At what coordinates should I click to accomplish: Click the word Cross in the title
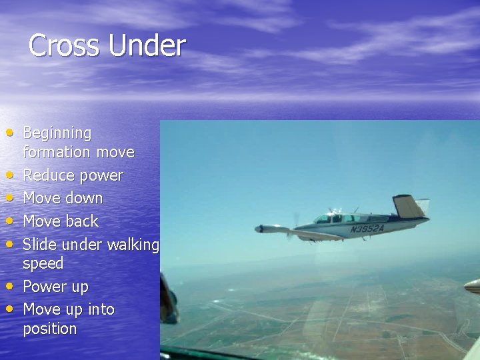(x=65, y=46)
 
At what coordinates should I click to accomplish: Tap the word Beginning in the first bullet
(x=57, y=133)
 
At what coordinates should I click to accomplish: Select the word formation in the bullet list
(x=57, y=152)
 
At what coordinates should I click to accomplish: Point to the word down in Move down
(x=85, y=198)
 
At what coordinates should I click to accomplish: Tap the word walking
(x=133, y=245)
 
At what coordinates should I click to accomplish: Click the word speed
(x=43, y=263)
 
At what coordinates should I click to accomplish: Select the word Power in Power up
(x=43, y=287)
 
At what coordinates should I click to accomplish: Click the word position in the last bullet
(x=50, y=329)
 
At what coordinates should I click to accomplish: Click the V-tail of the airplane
(x=408, y=206)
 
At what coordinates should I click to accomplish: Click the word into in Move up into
(x=101, y=309)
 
